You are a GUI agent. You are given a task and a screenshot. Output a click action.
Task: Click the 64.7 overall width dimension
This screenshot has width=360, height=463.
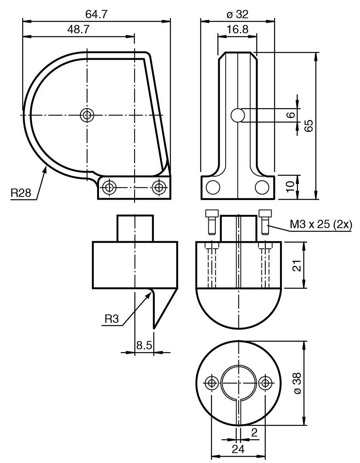click(x=96, y=14)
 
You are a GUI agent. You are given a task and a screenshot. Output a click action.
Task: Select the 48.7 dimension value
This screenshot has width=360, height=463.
click(x=78, y=30)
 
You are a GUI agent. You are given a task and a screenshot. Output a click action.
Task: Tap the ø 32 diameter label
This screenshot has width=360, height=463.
click(x=238, y=14)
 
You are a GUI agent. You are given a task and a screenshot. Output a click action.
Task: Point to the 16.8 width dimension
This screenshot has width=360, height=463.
click(x=238, y=30)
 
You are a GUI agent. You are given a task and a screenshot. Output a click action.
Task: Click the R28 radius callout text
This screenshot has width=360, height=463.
click(x=21, y=193)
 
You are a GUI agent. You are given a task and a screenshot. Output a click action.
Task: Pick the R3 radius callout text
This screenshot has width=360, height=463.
click(x=112, y=319)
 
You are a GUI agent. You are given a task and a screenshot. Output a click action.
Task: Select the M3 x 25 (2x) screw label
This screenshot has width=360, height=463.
click(x=321, y=225)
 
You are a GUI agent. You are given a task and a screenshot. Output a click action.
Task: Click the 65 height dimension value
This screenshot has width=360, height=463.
click(x=308, y=126)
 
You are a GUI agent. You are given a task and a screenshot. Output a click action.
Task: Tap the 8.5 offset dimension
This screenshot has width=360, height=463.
click(x=144, y=345)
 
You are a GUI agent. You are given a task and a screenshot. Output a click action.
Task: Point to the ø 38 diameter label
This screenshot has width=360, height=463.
click(x=297, y=383)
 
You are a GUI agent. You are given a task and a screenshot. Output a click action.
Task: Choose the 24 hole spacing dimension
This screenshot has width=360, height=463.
click(x=238, y=450)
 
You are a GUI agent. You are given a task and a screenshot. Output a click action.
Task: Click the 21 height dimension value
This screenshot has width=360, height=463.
click(x=298, y=265)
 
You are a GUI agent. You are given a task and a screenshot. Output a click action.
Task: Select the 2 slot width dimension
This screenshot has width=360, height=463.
click(x=254, y=433)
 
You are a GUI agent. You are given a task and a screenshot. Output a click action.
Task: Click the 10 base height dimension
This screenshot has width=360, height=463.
click(x=291, y=187)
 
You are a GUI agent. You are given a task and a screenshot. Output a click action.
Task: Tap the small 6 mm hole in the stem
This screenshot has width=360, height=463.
click(x=238, y=115)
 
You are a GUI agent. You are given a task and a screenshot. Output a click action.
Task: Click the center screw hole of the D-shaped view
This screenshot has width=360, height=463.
click(x=87, y=115)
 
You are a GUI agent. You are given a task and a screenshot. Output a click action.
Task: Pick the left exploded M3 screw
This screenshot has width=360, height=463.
click(x=212, y=222)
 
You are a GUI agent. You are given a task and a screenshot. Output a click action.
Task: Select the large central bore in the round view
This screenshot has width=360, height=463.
click(x=238, y=383)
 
